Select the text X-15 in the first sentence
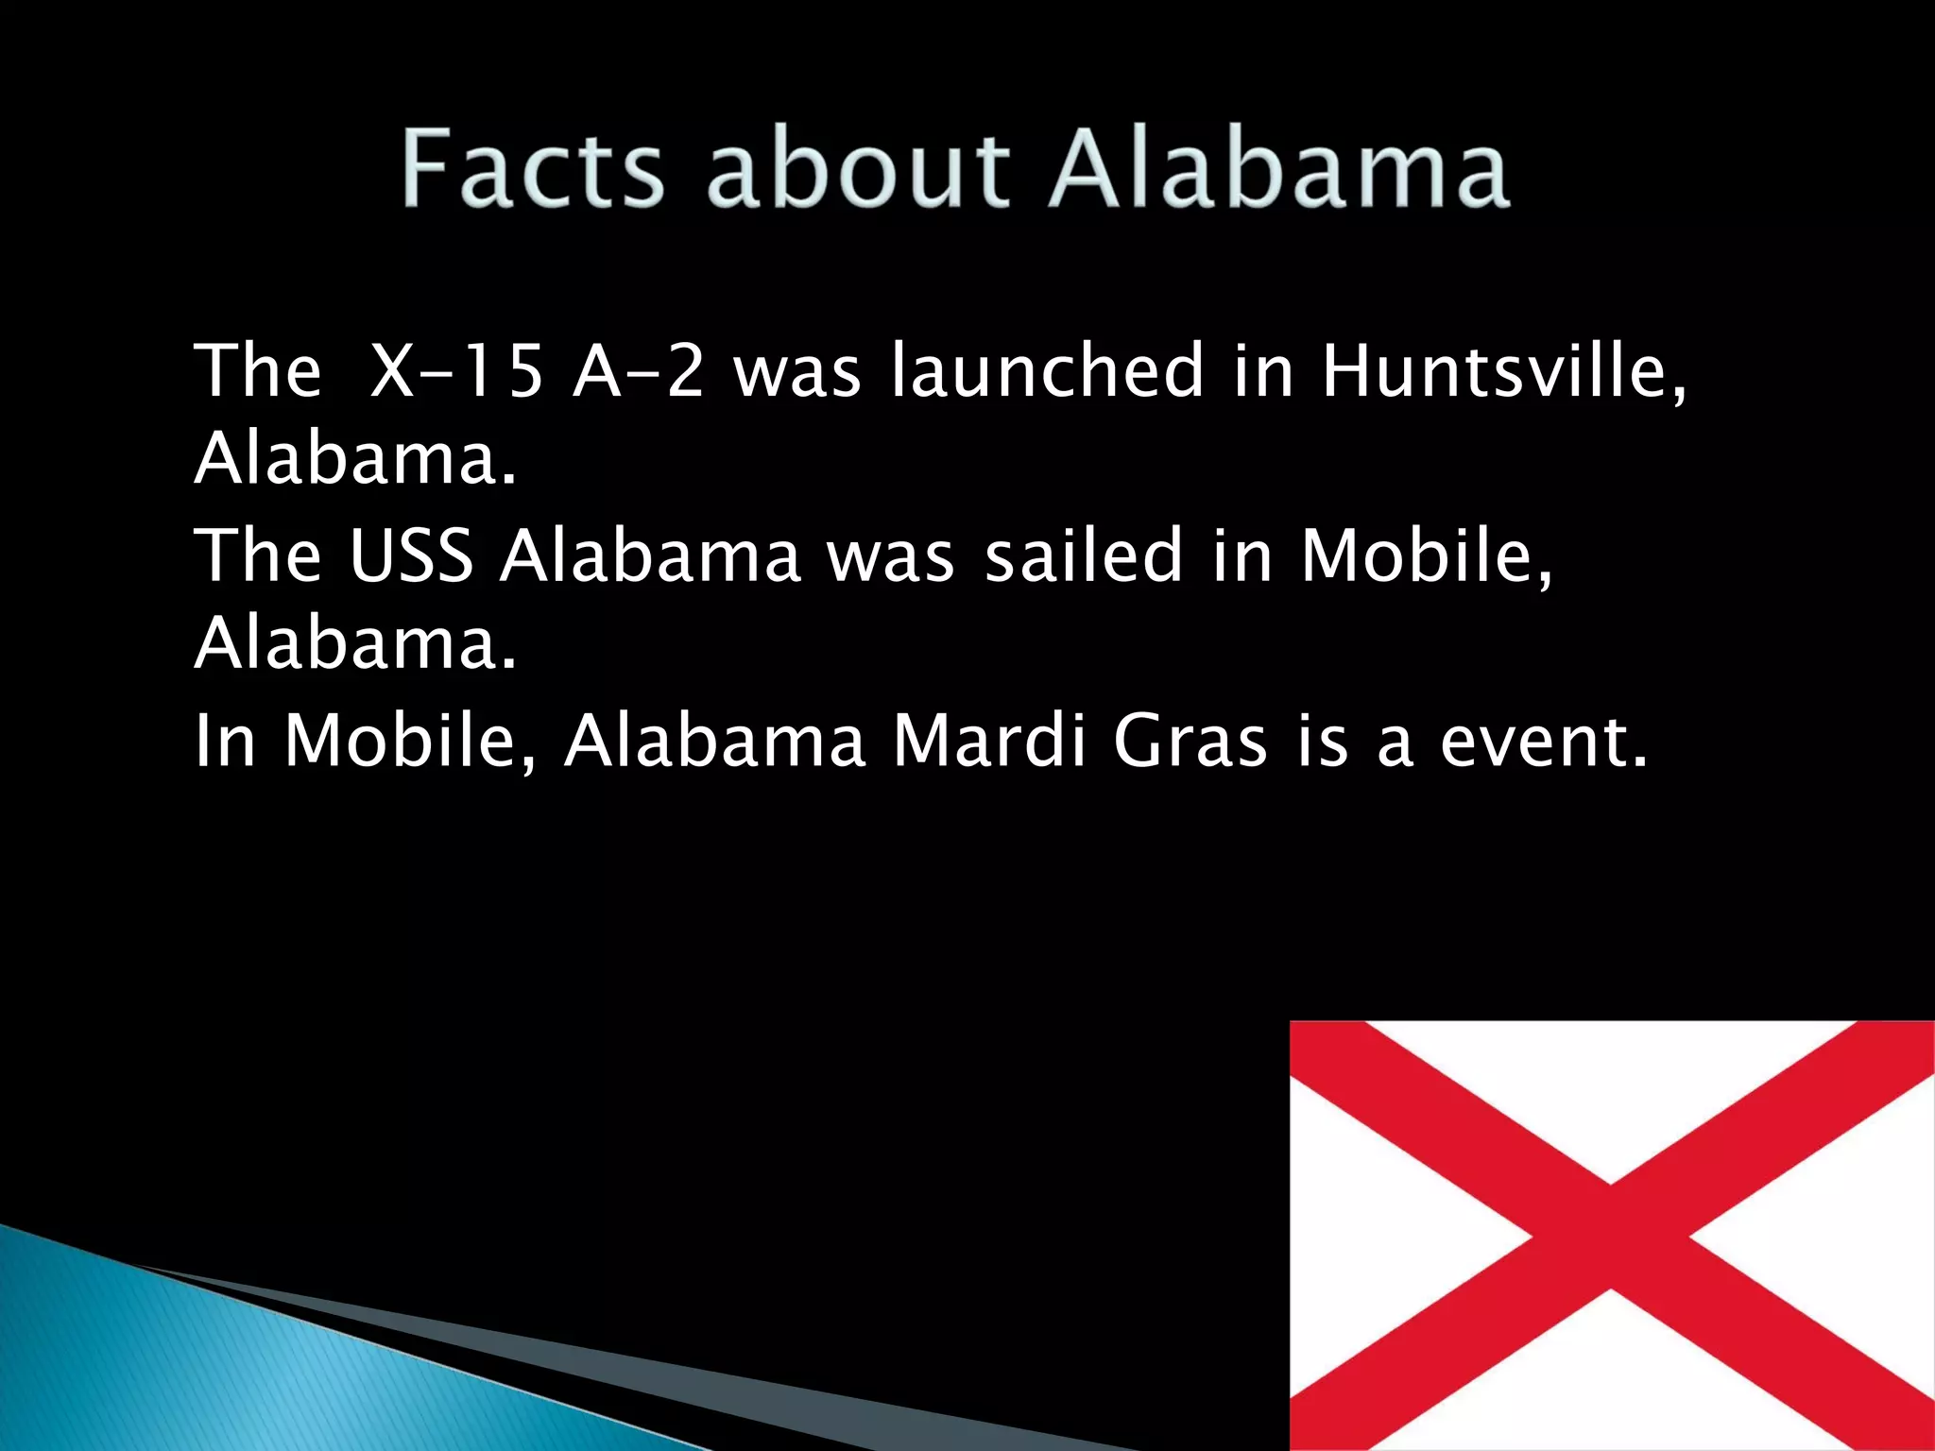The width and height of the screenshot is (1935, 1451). tap(456, 370)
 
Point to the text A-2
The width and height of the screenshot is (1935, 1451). tap(639, 370)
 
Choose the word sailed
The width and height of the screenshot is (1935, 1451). tap(1084, 555)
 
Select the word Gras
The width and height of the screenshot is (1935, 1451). tap(1190, 741)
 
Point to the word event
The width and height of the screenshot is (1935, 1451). tap(1543, 741)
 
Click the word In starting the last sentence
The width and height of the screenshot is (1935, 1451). tap(225, 741)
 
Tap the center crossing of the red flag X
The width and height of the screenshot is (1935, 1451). tap(1610, 1237)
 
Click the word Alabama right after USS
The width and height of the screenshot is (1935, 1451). tap(651, 555)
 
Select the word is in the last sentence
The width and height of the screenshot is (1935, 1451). tap(1322, 741)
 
